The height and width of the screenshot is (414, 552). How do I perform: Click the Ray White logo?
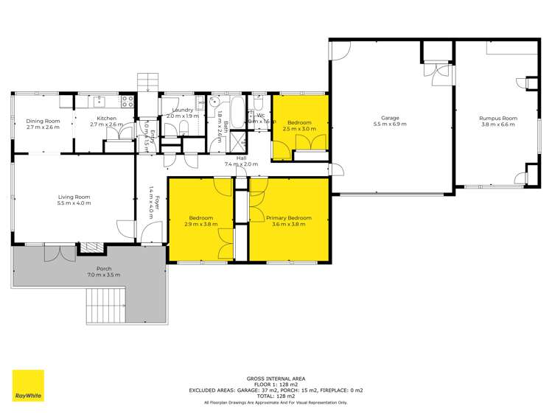pyautogui.click(x=28, y=387)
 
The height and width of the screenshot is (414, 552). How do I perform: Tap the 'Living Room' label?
pyautogui.click(x=74, y=197)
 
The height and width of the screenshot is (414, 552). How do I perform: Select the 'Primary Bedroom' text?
pyautogui.click(x=289, y=218)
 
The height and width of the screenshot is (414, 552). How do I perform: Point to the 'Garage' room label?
pyautogui.click(x=390, y=118)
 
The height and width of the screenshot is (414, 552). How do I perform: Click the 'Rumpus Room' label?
pyautogui.click(x=498, y=118)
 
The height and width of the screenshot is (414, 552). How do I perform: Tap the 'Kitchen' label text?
pyautogui.click(x=108, y=119)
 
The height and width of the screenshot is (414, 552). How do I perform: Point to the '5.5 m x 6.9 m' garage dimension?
pyautogui.click(x=390, y=124)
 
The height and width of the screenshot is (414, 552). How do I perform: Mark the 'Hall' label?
pyautogui.click(x=241, y=158)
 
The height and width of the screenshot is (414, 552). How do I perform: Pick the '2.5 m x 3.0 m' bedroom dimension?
pyautogui.click(x=299, y=128)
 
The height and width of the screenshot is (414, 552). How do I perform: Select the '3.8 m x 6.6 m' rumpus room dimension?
pyautogui.click(x=498, y=124)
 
